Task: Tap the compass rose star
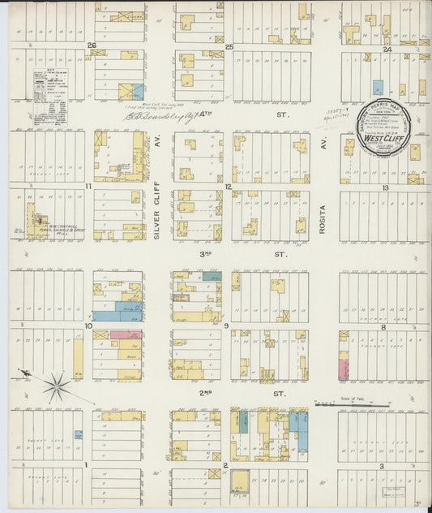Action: coord(56,386)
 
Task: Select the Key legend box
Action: coord(49,97)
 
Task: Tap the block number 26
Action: coord(92,45)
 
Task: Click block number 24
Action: coord(387,50)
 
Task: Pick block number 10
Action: coord(88,325)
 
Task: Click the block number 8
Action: coord(383,326)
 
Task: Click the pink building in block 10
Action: coord(125,334)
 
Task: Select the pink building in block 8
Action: coord(343,369)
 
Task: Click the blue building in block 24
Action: coord(377,87)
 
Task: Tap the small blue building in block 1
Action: coord(78,435)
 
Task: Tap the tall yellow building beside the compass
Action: coord(78,358)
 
